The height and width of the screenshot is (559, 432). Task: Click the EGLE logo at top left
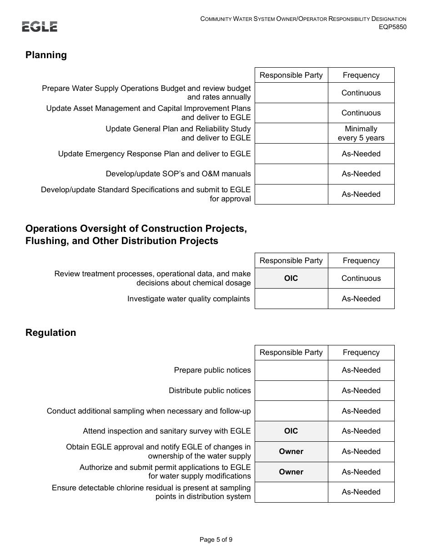tap(40, 27)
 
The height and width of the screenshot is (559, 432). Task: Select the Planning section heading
tap(46, 55)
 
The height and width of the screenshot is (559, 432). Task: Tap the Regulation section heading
tap(50, 333)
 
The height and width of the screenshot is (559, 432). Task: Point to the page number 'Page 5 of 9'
tap(216, 540)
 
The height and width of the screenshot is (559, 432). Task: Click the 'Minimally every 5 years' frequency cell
tap(361, 134)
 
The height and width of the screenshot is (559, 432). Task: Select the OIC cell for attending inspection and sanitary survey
tap(291, 431)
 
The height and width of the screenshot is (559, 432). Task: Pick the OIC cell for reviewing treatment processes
tap(291, 278)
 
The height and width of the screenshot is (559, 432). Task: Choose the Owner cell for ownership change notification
tap(291, 452)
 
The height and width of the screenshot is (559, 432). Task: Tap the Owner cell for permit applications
tap(291, 472)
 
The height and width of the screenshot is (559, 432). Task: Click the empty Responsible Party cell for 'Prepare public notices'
tap(291, 370)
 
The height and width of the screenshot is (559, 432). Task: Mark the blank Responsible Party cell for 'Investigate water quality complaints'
tap(291, 299)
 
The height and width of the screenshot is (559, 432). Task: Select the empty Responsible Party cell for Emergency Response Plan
tap(291, 154)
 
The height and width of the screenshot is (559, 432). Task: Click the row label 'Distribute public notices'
tap(210, 391)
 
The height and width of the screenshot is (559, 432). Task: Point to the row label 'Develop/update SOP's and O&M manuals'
tap(178, 174)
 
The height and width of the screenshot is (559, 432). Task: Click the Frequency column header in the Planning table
tap(361, 75)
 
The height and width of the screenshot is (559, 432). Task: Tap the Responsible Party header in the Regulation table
tap(291, 353)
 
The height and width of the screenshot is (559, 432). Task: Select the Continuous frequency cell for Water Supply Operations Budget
tap(361, 93)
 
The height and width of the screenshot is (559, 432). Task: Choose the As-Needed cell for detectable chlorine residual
tap(361, 492)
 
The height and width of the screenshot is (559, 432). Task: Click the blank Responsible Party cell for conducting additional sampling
tap(291, 411)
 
